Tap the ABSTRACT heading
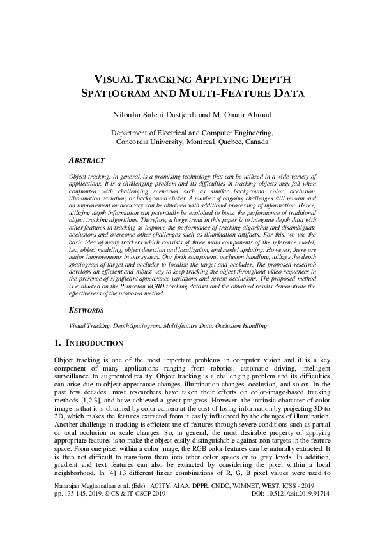point(88,161)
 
